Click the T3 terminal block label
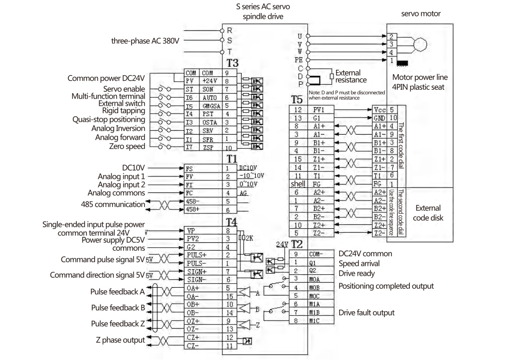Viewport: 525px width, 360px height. (x=232, y=64)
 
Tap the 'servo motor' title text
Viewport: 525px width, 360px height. (x=421, y=13)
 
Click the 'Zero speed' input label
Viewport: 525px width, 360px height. (x=128, y=146)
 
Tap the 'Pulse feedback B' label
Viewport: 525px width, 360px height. (x=118, y=307)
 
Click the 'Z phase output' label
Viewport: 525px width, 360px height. (x=120, y=340)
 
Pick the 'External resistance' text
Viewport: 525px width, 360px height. (x=352, y=76)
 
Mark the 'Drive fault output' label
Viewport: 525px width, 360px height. (x=366, y=313)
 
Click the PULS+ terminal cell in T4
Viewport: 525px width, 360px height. (x=195, y=255)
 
